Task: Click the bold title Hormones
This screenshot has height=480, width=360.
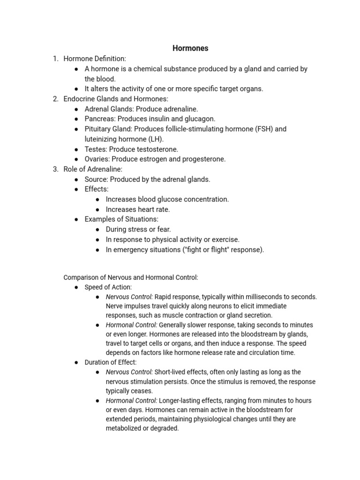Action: [x=190, y=48]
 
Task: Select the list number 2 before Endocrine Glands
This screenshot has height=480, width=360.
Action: [x=55, y=99]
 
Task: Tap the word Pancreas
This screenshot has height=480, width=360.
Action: [x=99, y=119]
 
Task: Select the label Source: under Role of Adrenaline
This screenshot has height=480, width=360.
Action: [x=96, y=179]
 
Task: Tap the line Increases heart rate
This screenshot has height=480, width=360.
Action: [x=138, y=210]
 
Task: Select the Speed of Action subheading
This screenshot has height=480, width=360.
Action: [x=108, y=287]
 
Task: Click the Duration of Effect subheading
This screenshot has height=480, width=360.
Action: [x=110, y=362]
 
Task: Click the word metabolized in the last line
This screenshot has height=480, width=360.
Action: [x=125, y=428]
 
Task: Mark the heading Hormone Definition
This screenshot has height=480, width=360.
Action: [x=95, y=59]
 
